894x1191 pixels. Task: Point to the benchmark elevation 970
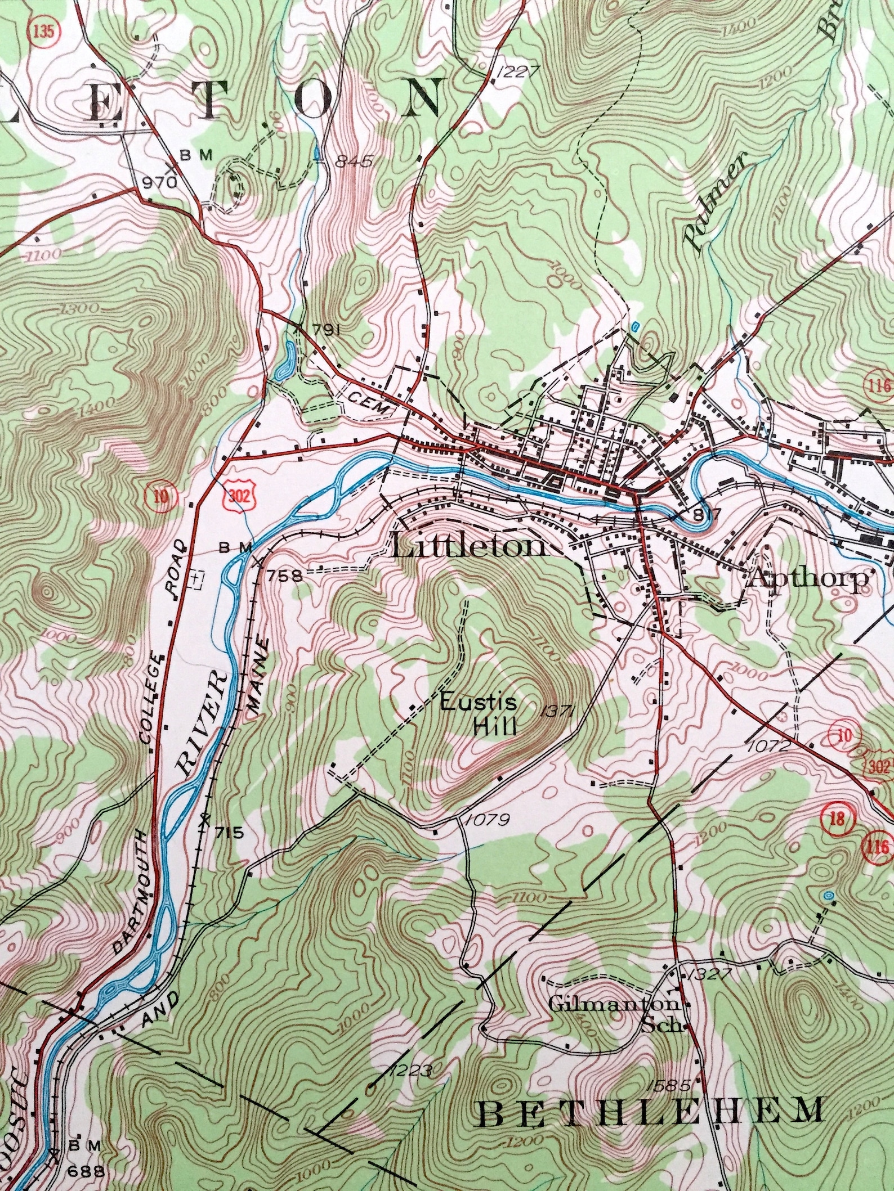pyautogui.click(x=159, y=182)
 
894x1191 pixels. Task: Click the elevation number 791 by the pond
pyautogui.click(x=327, y=330)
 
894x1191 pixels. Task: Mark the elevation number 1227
pyautogui.click(x=518, y=70)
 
